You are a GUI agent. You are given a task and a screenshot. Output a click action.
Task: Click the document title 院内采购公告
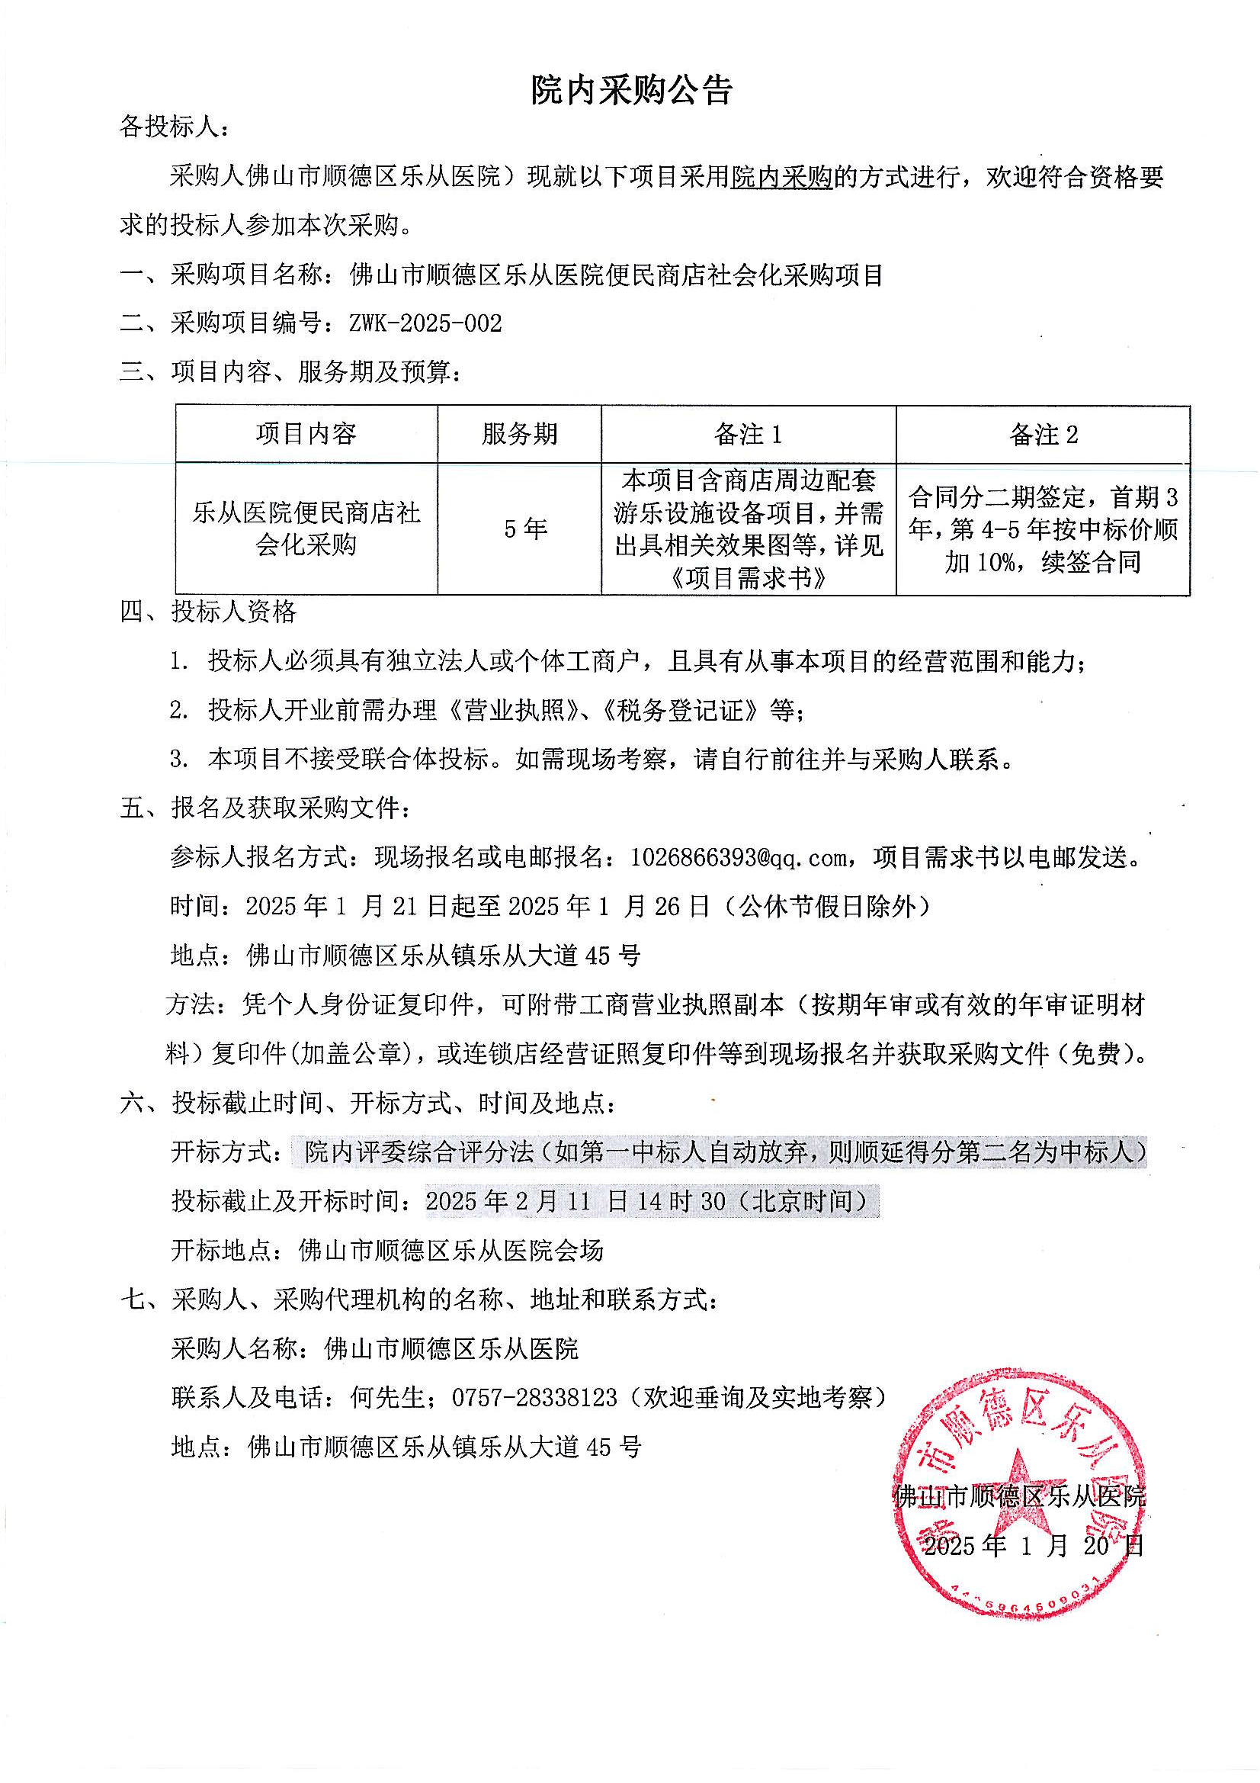pos(631,91)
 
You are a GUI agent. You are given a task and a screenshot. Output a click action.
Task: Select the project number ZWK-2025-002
pos(425,323)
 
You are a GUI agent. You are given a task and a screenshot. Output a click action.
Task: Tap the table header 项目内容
pos(306,434)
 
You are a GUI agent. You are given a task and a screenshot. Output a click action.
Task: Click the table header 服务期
pos(519,434)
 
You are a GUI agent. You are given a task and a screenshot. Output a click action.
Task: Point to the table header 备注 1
pos(748,434)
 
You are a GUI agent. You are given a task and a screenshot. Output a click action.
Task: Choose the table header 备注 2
pos(1044,434)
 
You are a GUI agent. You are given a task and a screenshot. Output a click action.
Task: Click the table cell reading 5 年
pos(526,528)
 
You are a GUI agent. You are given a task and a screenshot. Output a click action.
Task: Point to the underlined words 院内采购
pos(782,178)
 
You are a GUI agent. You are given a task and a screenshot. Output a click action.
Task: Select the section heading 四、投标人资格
pos(208,612)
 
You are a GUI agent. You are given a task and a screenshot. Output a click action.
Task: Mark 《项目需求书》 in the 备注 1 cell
pos(748,578)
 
